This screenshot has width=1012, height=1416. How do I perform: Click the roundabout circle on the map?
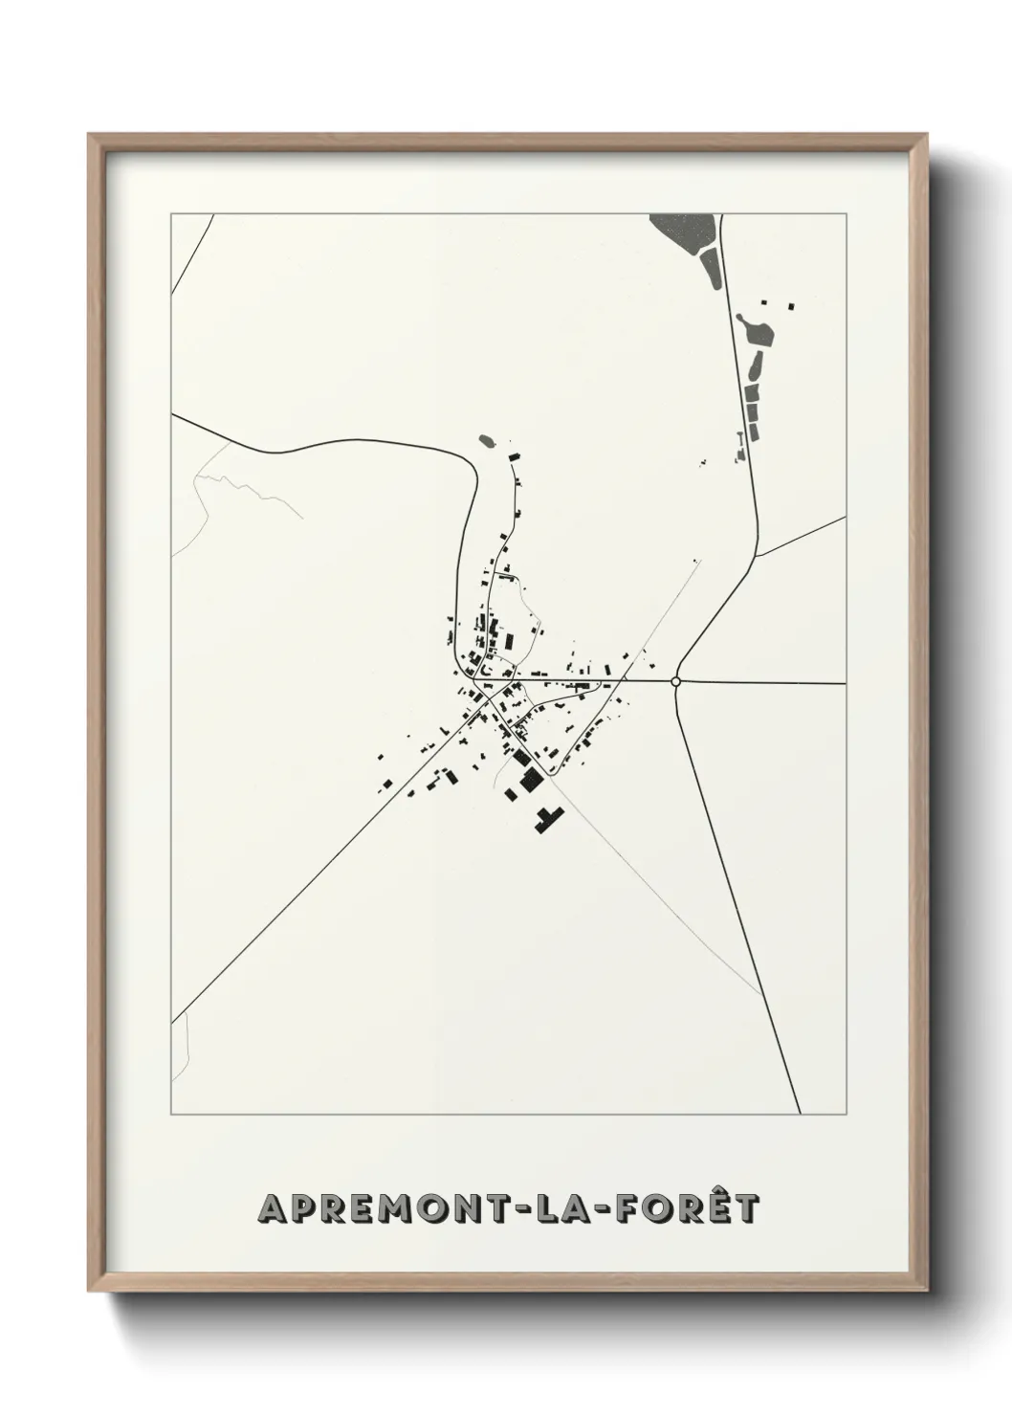[x=676, y=681]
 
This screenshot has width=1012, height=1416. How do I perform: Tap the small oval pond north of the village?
[x=487, y=441]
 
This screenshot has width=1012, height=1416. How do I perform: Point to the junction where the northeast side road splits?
[x=757, y=556]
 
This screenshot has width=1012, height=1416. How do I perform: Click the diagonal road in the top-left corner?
[x=190, y=254]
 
